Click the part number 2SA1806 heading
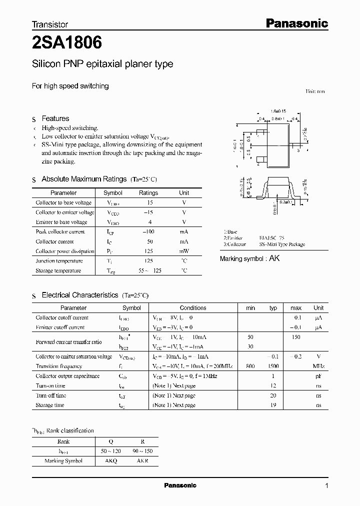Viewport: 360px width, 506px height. [67, 43]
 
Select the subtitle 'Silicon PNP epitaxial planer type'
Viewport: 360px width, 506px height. [102, 64]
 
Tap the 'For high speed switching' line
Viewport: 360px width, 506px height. [70, 86]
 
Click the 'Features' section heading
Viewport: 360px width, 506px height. [55, 118]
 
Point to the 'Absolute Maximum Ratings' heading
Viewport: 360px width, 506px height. [84, 179]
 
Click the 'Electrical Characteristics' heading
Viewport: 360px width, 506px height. [80, 295]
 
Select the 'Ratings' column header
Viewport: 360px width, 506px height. [148, 193]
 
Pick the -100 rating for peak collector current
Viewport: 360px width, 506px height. [148, 232]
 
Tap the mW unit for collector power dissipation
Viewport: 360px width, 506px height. [184, 251]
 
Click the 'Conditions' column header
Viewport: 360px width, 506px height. [193, 308]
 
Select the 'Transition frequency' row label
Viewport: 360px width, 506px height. [58, 366]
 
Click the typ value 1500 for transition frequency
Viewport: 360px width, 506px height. [273, 366]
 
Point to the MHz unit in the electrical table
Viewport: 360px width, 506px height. [318, 366]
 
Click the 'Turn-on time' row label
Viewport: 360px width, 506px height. [50, 386]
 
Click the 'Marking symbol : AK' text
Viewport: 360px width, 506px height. [250, 258]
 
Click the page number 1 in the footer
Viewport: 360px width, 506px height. [326, 486]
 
